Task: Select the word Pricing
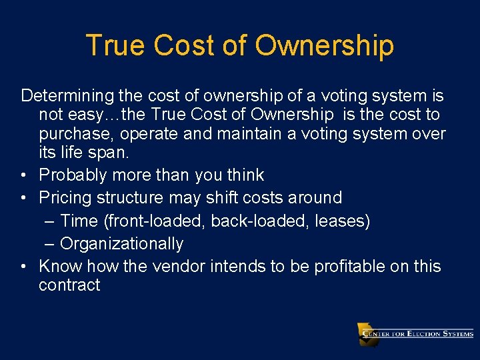[65, 198]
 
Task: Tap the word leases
[342, 221]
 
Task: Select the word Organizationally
[121, 244]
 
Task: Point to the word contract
[69, 285]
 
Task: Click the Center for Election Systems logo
[415, 334]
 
